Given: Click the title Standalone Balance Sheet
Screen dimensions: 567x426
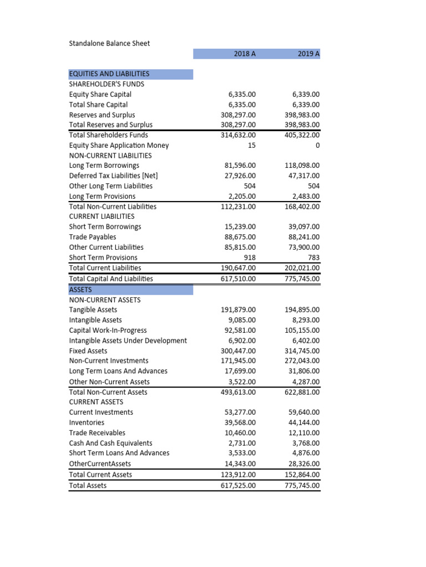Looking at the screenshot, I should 109,43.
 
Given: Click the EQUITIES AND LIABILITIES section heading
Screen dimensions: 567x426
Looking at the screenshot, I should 109,74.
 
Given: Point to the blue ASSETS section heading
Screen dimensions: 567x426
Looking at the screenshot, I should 81,290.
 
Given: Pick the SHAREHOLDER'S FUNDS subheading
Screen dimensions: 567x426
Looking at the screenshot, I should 106,84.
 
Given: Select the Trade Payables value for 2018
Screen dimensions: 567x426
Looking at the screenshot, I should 239,237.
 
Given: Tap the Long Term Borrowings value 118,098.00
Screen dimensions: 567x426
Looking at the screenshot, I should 302,166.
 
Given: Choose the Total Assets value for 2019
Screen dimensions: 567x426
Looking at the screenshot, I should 302,486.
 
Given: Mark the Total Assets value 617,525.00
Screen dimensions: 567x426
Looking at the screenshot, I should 239,486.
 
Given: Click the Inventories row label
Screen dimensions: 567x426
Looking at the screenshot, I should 87,422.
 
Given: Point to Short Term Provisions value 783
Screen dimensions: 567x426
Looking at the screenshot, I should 314,257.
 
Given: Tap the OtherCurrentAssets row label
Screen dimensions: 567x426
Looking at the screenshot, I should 100,463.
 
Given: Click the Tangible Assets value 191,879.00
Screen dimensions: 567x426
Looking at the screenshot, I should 239,310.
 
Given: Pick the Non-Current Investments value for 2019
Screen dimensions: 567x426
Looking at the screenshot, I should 302,361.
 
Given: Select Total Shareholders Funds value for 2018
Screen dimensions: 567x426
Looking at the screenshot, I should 239,135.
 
